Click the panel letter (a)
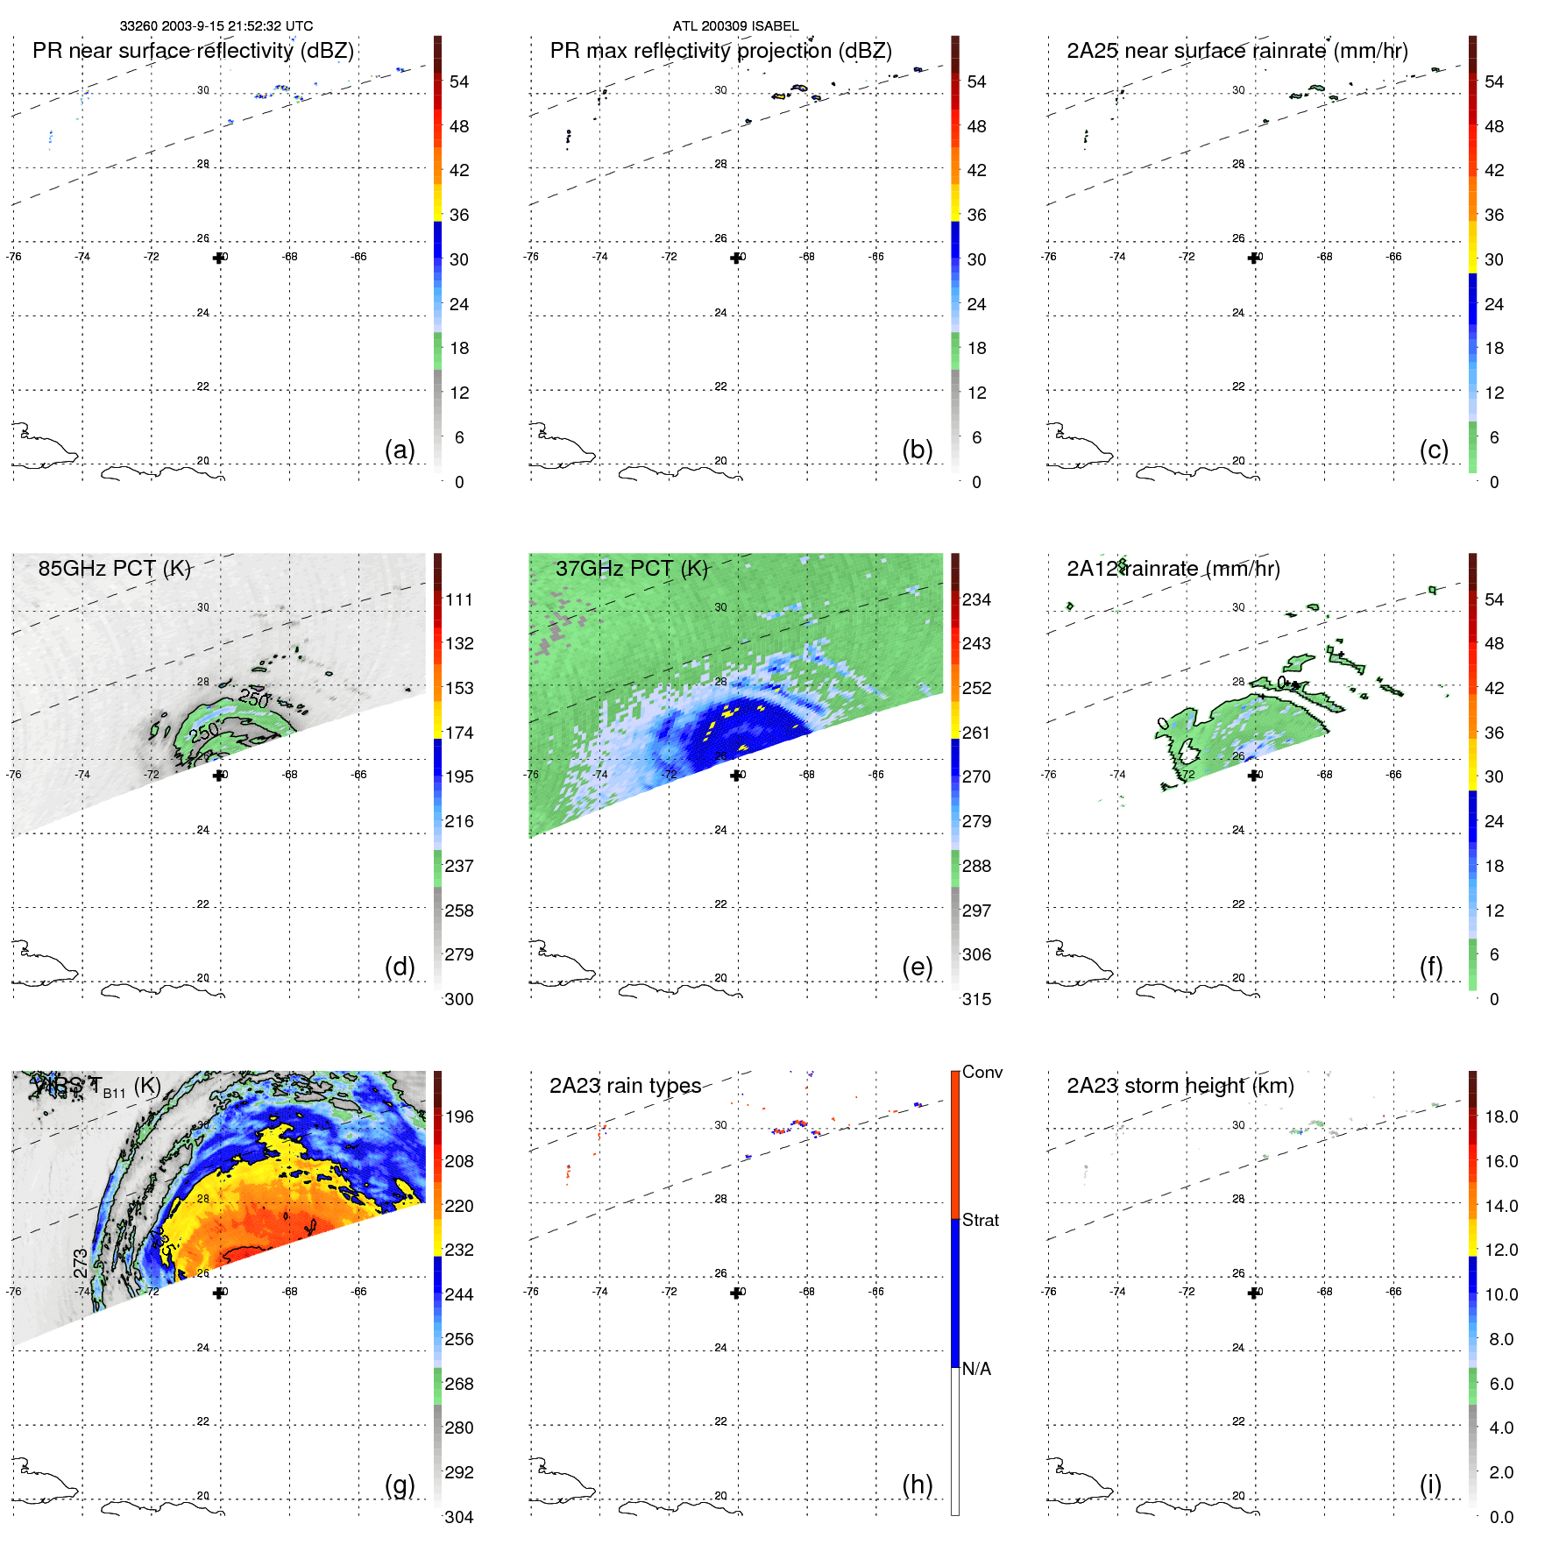tap(400, 450)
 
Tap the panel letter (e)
tap(917, 967)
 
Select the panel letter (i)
tap(1430, 1485)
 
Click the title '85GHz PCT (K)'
tap(115, 568)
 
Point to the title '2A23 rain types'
tap(625, 1086)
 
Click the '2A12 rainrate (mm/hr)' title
tap(1173, 568)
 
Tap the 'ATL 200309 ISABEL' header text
tap(735, 26)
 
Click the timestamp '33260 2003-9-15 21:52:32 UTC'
tap(216, 26)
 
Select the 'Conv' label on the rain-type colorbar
tap(982, 1072)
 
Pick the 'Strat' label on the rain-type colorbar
tap(981, 1220)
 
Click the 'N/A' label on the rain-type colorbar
tap(976, 1369)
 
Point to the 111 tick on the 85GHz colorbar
tap(459, 599)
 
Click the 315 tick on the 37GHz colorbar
tap(976, 999)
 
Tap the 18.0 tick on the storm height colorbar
tap(1501, 1116)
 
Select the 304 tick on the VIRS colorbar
tap(459, 1517)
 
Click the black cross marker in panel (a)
tap(218, 258)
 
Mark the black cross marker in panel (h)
tap(736, 1293)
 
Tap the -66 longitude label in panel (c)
tap(1394, 257)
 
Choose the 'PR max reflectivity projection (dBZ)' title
tap(720, 51)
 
